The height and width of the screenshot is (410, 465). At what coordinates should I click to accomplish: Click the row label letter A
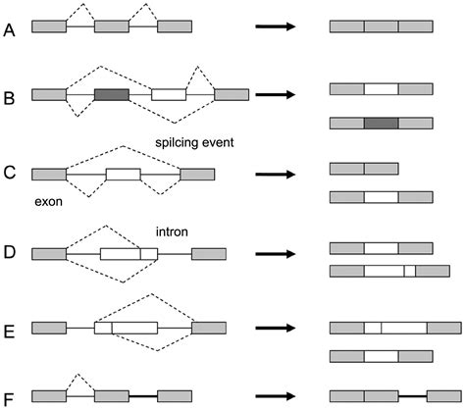(x=9, y=30)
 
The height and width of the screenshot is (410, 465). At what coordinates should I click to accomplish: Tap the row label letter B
(x=9, y=98)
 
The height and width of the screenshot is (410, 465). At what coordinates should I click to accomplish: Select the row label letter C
(x=10, y=173)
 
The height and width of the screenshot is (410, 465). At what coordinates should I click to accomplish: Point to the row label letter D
(x=10, y=252)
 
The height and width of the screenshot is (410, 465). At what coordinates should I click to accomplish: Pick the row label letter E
(x=9, y=332)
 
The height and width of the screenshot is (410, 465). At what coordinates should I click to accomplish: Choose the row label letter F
(x=9, y=399)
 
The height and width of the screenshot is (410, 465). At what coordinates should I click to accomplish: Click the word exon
(x=48, y=202)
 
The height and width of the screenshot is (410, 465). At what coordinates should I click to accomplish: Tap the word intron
(x=172, y=231)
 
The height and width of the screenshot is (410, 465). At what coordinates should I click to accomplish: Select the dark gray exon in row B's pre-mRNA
(x=112, y=94)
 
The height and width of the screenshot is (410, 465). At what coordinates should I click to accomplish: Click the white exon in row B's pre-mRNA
(x=169, y=94)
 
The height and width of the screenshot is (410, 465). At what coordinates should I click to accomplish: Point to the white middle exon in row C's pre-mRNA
(x=124, y=175)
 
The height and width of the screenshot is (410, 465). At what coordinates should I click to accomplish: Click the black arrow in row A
(x=276, y=26)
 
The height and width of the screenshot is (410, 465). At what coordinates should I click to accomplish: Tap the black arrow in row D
(x=276, y=254)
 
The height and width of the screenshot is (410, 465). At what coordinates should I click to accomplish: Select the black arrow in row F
(x=276, y=396)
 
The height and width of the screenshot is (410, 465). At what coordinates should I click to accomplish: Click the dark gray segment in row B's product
(x=382, y=124)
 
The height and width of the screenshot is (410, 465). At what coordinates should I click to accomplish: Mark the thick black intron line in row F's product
(x=413, y=396)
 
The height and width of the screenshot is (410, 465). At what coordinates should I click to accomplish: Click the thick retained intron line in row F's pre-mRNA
(x=143, y=396)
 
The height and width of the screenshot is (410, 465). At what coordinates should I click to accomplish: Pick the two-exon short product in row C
(x=364, y=169)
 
